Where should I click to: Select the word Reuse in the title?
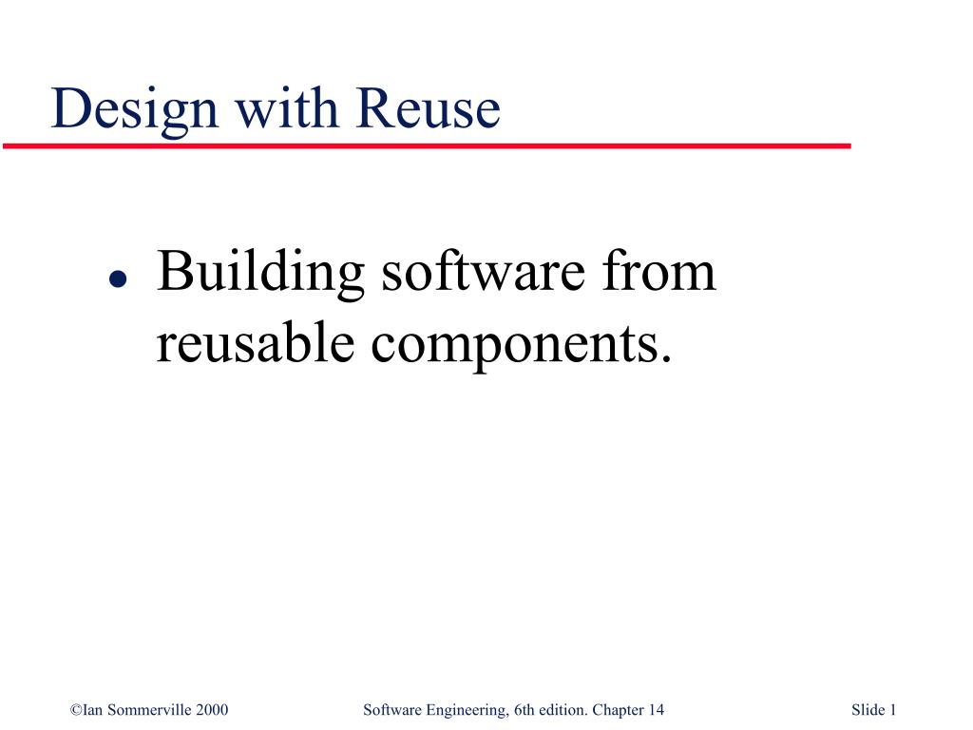428,109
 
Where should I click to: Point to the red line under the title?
427,146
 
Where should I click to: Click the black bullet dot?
116,279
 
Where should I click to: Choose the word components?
514,346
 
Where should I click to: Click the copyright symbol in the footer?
76,710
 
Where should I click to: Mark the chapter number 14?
657,710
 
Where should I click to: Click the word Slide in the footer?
868,710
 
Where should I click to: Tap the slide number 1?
893,710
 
